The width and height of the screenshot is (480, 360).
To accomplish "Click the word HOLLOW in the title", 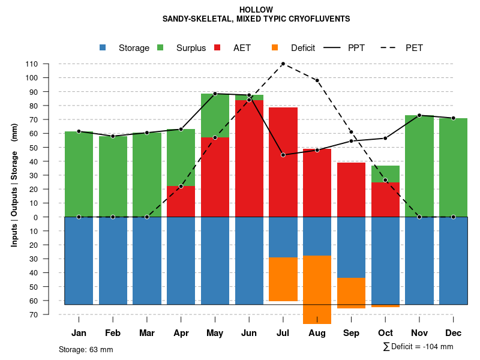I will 256,10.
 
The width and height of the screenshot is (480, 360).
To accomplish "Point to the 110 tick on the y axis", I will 32,64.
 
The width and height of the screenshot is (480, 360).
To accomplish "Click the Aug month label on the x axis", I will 317,333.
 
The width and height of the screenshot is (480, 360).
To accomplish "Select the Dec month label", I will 453,333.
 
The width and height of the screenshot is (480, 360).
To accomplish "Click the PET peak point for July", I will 283,64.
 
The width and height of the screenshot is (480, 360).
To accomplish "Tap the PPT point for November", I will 419,115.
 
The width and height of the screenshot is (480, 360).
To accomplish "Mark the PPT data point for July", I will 283,155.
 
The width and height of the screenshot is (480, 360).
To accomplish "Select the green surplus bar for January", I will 79,174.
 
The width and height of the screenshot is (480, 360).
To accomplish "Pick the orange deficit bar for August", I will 317,290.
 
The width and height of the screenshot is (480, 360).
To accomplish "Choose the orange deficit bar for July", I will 283,279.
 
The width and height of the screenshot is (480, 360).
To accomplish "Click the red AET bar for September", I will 351,190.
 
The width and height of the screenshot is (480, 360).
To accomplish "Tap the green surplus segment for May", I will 215,115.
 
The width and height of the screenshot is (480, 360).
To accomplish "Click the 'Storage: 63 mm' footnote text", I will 86,349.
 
